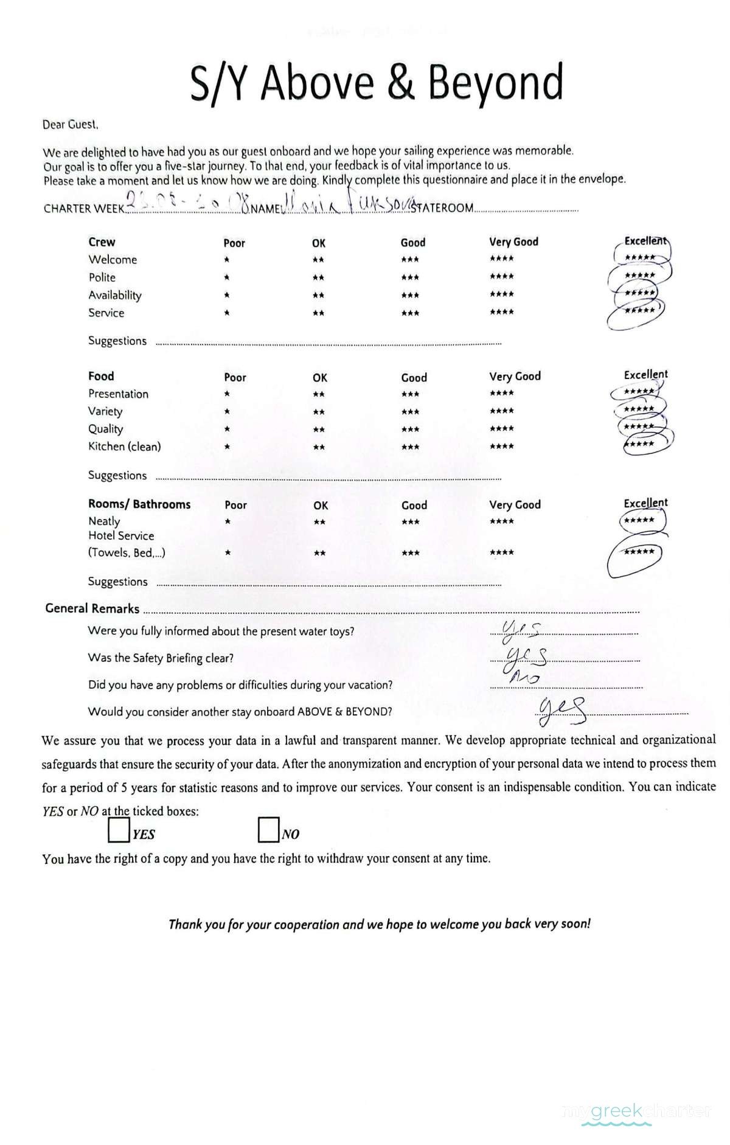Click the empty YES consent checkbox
coord(119,830)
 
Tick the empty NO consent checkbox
coord(268,830)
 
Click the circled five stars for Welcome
coord(640,257)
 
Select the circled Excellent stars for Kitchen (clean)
coord(640,444)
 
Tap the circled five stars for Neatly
coord(640,521)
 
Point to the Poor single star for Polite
coord(226,277)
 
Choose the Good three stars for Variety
coord(410,412)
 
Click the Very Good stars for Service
coord(501,312)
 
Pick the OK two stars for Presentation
coord(318,394)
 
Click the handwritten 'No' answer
coord(523,677)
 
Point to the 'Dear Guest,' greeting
coord(70,125)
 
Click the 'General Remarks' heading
coord(92,608)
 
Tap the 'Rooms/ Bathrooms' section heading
coord(139,504)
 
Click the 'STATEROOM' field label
coord(442,208)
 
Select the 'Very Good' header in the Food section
coord(515,377)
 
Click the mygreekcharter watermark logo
coord(638,1112)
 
